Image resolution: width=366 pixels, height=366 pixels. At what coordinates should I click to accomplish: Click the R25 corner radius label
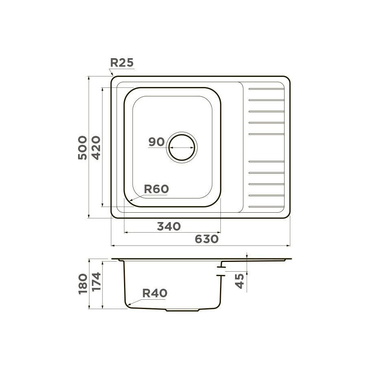pos(122,63)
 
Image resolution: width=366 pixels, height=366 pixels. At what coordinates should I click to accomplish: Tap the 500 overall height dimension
pos(83,148)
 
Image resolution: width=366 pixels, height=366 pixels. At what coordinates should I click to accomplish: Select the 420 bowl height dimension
pos(96,148)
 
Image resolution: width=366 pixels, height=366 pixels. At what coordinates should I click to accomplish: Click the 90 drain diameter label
pos(157,142)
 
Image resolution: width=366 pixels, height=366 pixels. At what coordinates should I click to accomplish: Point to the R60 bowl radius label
pos(156,189)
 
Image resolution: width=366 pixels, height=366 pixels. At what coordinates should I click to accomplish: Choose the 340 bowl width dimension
pos(169,227)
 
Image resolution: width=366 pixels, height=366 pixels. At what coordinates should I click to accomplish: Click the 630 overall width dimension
pos(207,239)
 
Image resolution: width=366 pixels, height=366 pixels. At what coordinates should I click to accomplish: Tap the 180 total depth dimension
pos(83,283)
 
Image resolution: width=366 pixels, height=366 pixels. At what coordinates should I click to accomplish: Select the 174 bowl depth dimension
pos(96,281)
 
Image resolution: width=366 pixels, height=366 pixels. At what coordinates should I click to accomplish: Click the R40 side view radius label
pos(155,293)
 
